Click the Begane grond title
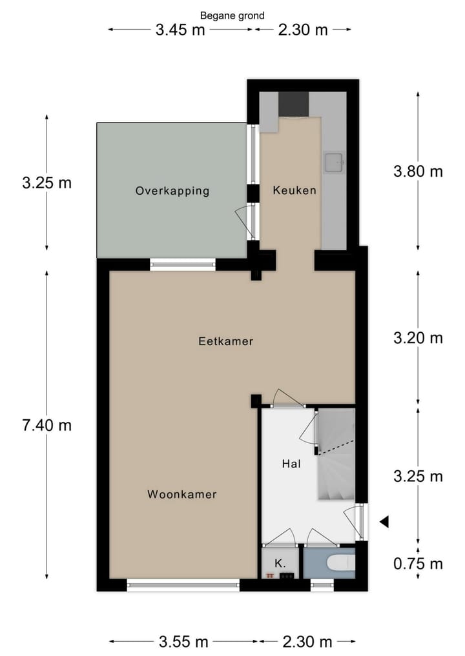[232, 15]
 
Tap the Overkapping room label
[172, 191]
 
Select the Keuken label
[294, 190]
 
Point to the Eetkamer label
[225, 341]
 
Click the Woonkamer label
[181, 495]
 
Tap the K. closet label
[280, 563]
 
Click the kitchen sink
[335, 163]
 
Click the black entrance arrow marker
[384, 522]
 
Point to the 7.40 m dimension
[46, 425]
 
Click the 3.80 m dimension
[418, 172]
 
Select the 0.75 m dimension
[418, 564]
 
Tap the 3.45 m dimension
[180, 30]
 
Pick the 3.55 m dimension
[183, 641]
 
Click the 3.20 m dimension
[418, 337]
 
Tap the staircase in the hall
[336, 455]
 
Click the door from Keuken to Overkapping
[245, 219]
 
